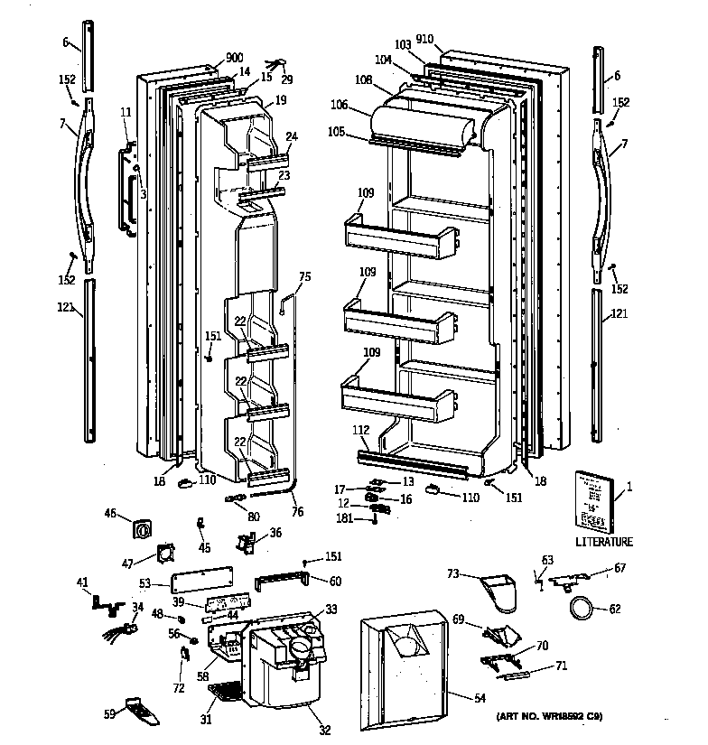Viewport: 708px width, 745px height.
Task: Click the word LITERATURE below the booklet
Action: tap(603, 542)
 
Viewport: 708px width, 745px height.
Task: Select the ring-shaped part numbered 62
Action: tap(580, 610)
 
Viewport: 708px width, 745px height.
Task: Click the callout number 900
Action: tap(210, 56)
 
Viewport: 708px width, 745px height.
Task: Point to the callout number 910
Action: tap(424, 39)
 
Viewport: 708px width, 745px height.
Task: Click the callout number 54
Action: tap(478, 696)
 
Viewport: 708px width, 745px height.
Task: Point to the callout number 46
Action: tap(111, 515)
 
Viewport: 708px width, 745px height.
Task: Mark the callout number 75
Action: tap(304, 277)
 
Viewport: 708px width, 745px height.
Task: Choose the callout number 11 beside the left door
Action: tap(126, 111)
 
